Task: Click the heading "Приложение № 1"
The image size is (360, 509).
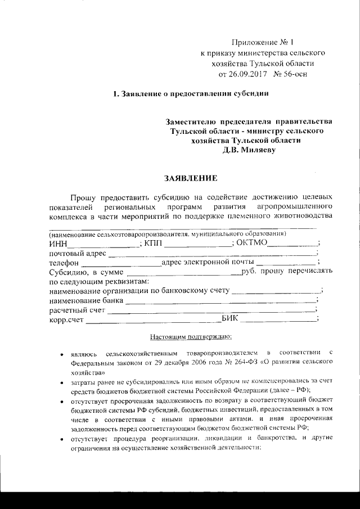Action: [x=263, y=43]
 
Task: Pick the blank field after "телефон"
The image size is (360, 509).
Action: [x=121, y=263]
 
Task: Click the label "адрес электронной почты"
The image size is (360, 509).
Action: [x=208, y=262]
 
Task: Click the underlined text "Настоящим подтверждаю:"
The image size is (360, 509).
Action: [x=187, y=337]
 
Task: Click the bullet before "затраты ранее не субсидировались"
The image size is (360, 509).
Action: [x=61, y=382]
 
